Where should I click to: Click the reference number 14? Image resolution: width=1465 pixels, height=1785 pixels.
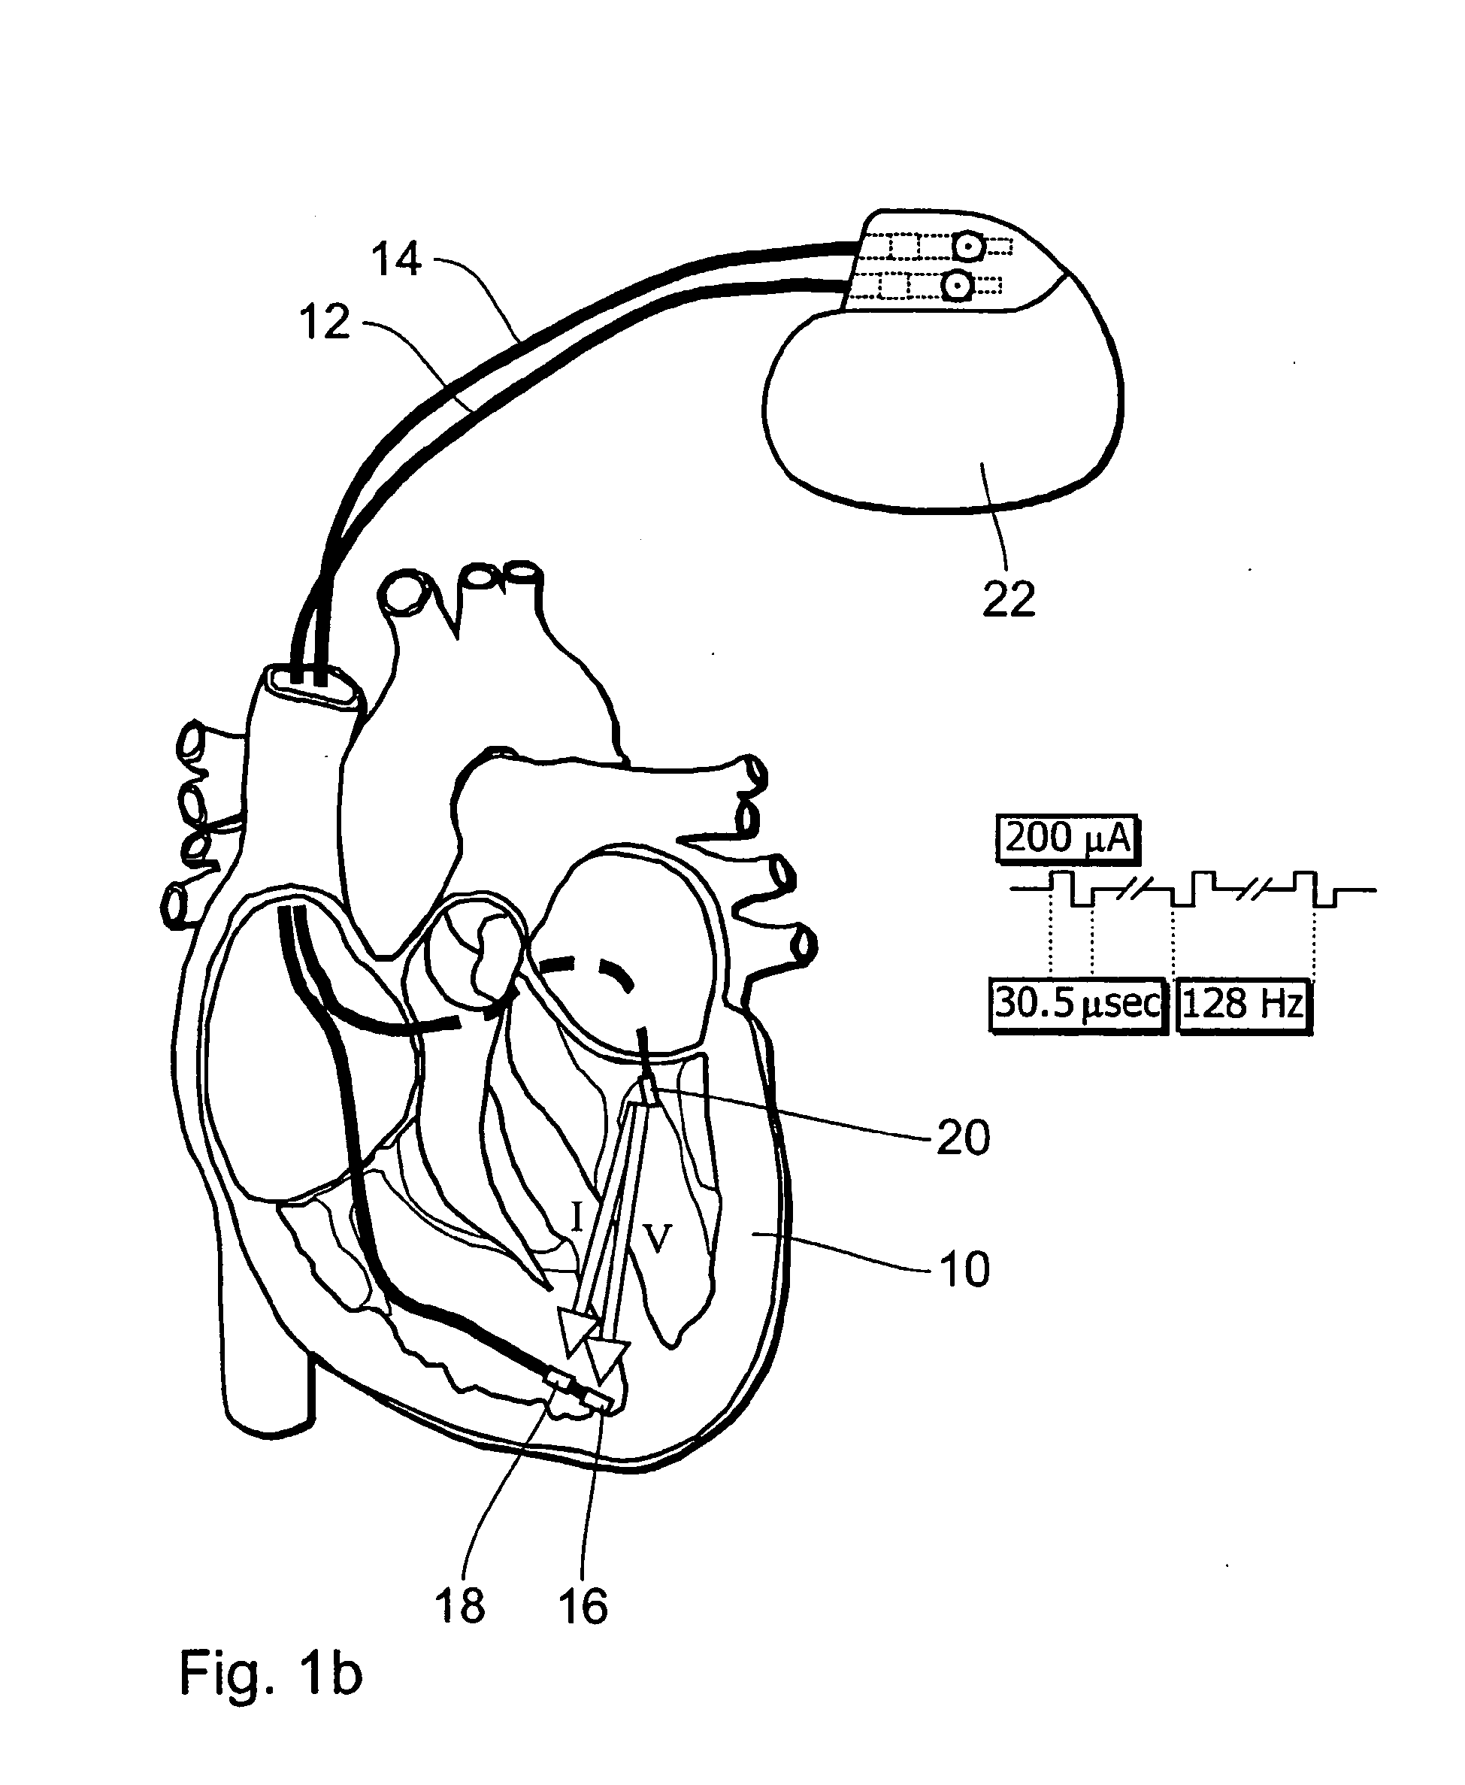tap(396, 259)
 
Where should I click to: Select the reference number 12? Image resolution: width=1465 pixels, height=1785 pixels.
tap(324, 323)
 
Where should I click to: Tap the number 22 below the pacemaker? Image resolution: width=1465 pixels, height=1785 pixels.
tap(1009, 600)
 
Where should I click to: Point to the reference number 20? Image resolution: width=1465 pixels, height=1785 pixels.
tap(963, 1138)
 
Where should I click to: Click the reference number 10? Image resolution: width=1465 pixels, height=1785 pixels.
tap(964, 1269)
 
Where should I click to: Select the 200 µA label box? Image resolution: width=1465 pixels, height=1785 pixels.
tap(1067, 839)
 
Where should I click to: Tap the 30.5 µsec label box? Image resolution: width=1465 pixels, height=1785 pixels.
tap(1078, 1005)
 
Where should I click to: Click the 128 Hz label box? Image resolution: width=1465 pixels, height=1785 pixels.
tap(1243, 1005)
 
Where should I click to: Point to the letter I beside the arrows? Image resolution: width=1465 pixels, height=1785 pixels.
tap(577, 1218)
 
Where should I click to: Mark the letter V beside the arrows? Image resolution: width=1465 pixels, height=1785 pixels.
tap(658, 1240)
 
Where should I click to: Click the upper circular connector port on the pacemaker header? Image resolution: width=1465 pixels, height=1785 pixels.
tap(969, 247)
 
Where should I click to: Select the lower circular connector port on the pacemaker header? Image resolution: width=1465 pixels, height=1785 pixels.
tap(957, 287)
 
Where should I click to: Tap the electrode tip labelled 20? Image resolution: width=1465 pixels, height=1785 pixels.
tap(647, 1090)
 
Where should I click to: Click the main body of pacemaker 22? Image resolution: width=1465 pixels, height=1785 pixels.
tap(937, 414)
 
